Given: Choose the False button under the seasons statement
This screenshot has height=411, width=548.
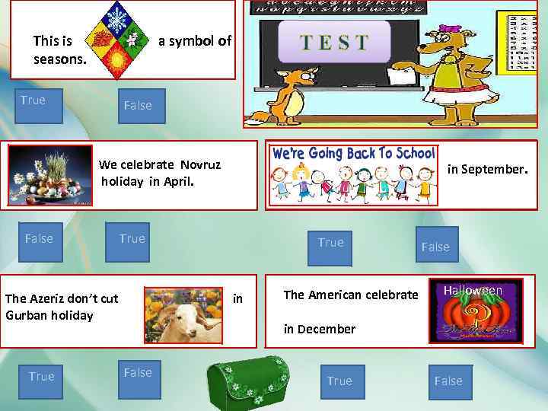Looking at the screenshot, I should pos(138,106).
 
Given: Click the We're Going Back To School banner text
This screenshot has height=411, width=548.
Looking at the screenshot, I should pos(353,154).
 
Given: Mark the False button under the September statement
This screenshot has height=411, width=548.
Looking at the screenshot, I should pos(436,245).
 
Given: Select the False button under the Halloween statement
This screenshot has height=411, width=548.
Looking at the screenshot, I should pos(448,381).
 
